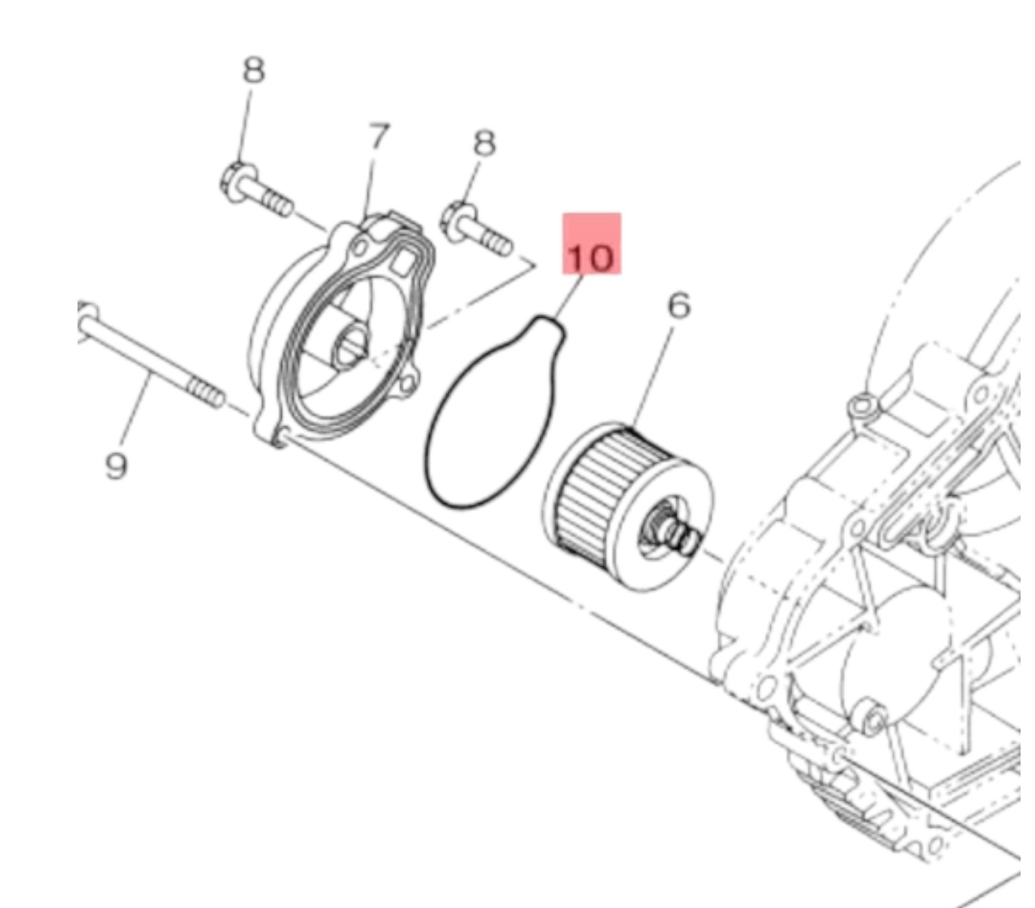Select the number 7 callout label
[x=379, y=137]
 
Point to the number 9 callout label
[x=117, y=466]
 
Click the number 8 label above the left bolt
[x=254, y=70]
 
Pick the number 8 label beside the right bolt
[x=485, y=143]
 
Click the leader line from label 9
[x=137, y=412]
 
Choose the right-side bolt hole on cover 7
[x=406, y=384]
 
